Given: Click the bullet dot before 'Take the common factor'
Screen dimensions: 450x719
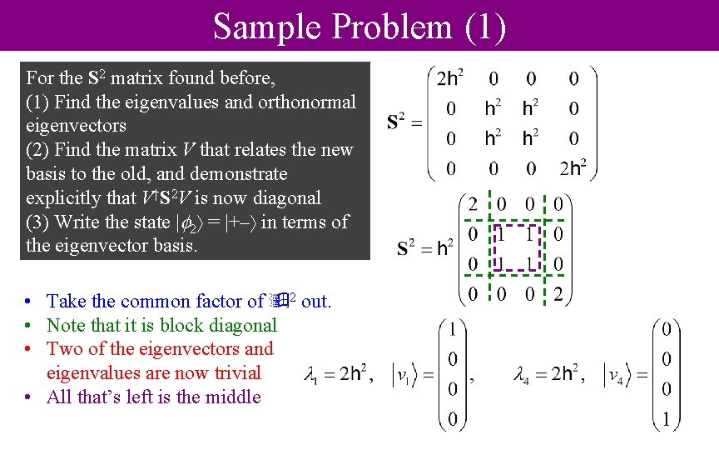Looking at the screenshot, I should click(x=29, y=302).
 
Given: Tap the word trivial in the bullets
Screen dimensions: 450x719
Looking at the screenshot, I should click(x=230, y=373).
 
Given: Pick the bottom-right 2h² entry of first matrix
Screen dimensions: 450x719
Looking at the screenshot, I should click(x=573, y=169).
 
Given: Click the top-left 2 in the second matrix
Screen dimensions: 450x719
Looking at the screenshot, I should click(x=473, y=205).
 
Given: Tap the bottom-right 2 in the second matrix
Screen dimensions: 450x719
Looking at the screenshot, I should click(x=559, y=293).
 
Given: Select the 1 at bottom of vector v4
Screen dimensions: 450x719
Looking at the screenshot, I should click(x=665, y=422).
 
